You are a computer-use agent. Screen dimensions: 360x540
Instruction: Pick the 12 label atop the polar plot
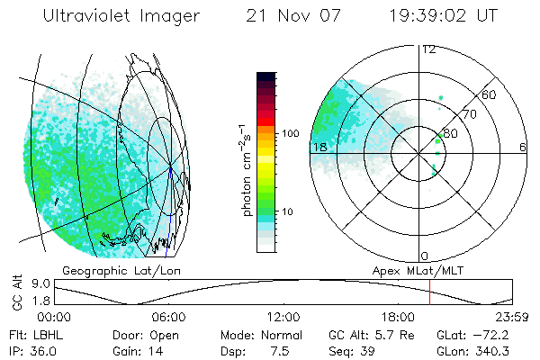click(x=429, y=49)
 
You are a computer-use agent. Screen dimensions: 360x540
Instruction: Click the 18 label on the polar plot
click(x=319, y=147)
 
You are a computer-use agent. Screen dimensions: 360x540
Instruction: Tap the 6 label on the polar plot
click(x=523, y=147)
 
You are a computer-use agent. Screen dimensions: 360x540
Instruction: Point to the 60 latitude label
click(x=490, y=94)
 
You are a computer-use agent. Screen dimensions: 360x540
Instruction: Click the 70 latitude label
click(x=468, y=114)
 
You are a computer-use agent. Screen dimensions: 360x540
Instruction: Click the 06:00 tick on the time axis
click(x=169, y=317)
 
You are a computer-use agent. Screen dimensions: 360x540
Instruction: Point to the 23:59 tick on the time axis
click(x=512, y=317)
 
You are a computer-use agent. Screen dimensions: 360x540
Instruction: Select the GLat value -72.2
click(x=504, y=334)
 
